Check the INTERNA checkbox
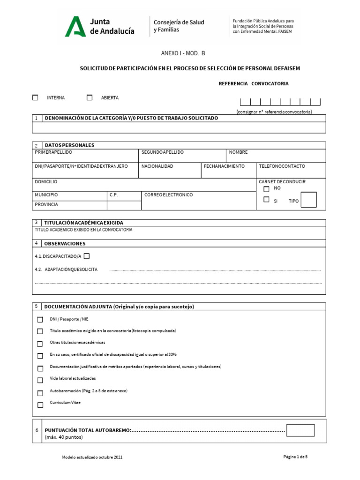35,98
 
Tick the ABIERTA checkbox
90,98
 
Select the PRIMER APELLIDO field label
53,153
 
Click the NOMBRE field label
238,153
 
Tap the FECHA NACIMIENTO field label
224,166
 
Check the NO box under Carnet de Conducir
266,189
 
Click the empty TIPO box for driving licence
308,200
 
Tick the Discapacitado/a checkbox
86,256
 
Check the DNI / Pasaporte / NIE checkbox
40,320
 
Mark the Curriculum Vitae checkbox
40,405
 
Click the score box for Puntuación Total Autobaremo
300,430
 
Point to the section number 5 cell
37,306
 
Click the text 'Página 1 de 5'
295,457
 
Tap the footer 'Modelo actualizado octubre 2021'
93,457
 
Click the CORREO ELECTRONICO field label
168,195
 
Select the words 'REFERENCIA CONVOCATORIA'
254,84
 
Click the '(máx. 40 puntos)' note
64,437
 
